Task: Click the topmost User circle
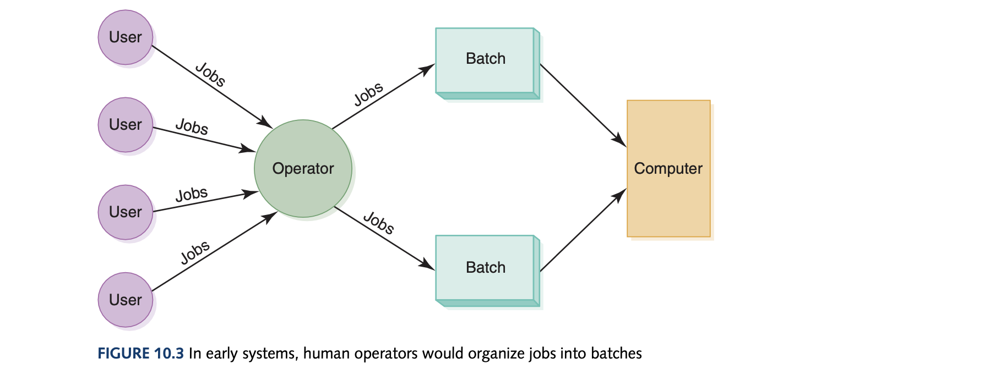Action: click(126, 37)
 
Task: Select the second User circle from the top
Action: click(126, 125)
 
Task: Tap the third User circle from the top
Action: click(126, 212)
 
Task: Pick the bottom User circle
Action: click(126, 300)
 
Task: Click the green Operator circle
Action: click(303, 168)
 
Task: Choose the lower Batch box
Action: click(485, 268)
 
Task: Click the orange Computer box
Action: click(668, 168)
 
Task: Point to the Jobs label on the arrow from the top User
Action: click(210, 75)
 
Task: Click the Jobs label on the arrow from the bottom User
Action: click(195, 252)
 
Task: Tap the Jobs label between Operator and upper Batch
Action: click(368, 94)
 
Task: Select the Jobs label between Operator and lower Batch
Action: click(379, 223)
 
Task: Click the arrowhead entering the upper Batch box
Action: click(427, 70)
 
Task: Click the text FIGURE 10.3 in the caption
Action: click(140, 353)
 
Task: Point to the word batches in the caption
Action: click(616, 353)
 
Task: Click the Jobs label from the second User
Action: click(192, 127)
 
